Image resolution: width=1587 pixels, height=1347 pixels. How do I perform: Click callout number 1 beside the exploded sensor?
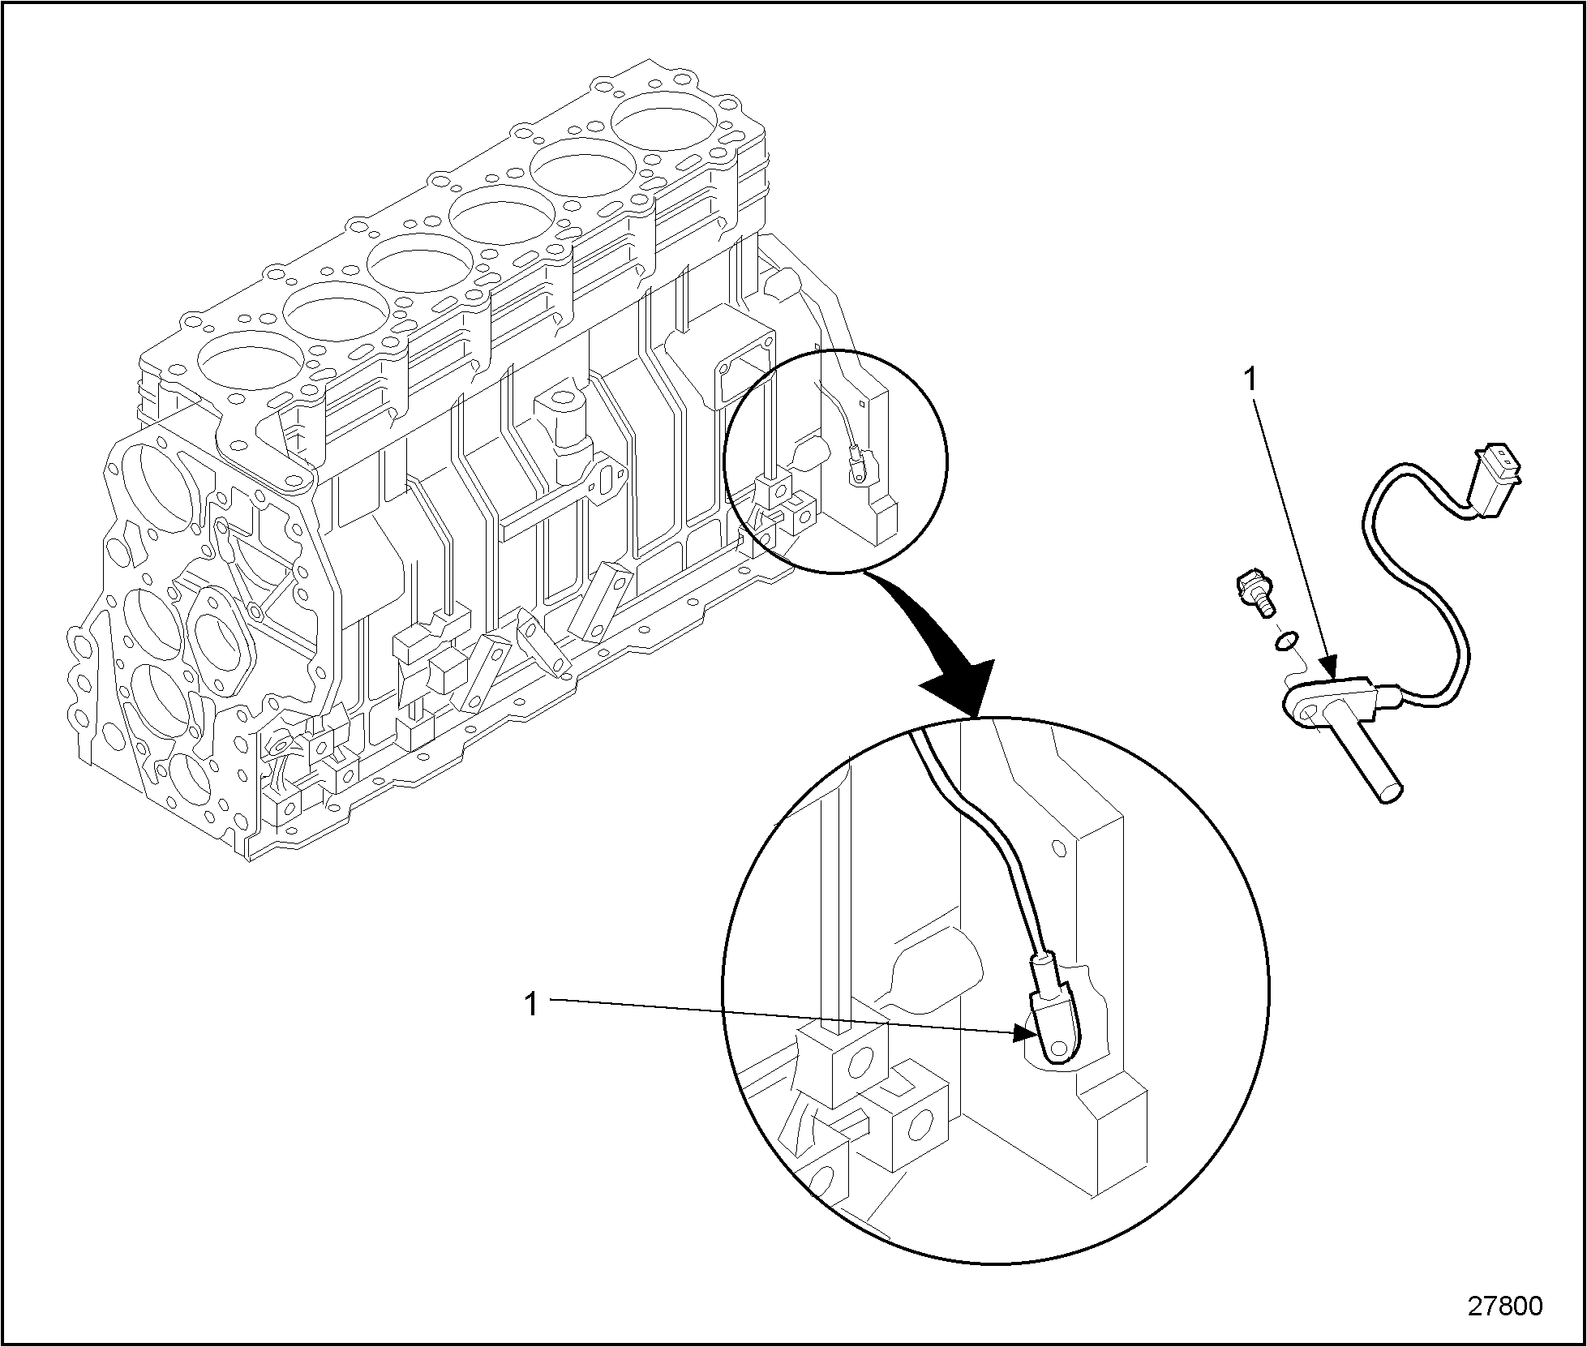tap(1250, 379)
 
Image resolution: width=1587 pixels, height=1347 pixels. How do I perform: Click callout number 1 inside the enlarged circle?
tap(530, 1005)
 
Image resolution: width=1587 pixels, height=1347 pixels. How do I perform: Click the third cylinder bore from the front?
tap(419, 264)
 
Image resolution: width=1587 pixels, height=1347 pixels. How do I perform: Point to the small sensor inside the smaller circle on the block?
tap(858, 469)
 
